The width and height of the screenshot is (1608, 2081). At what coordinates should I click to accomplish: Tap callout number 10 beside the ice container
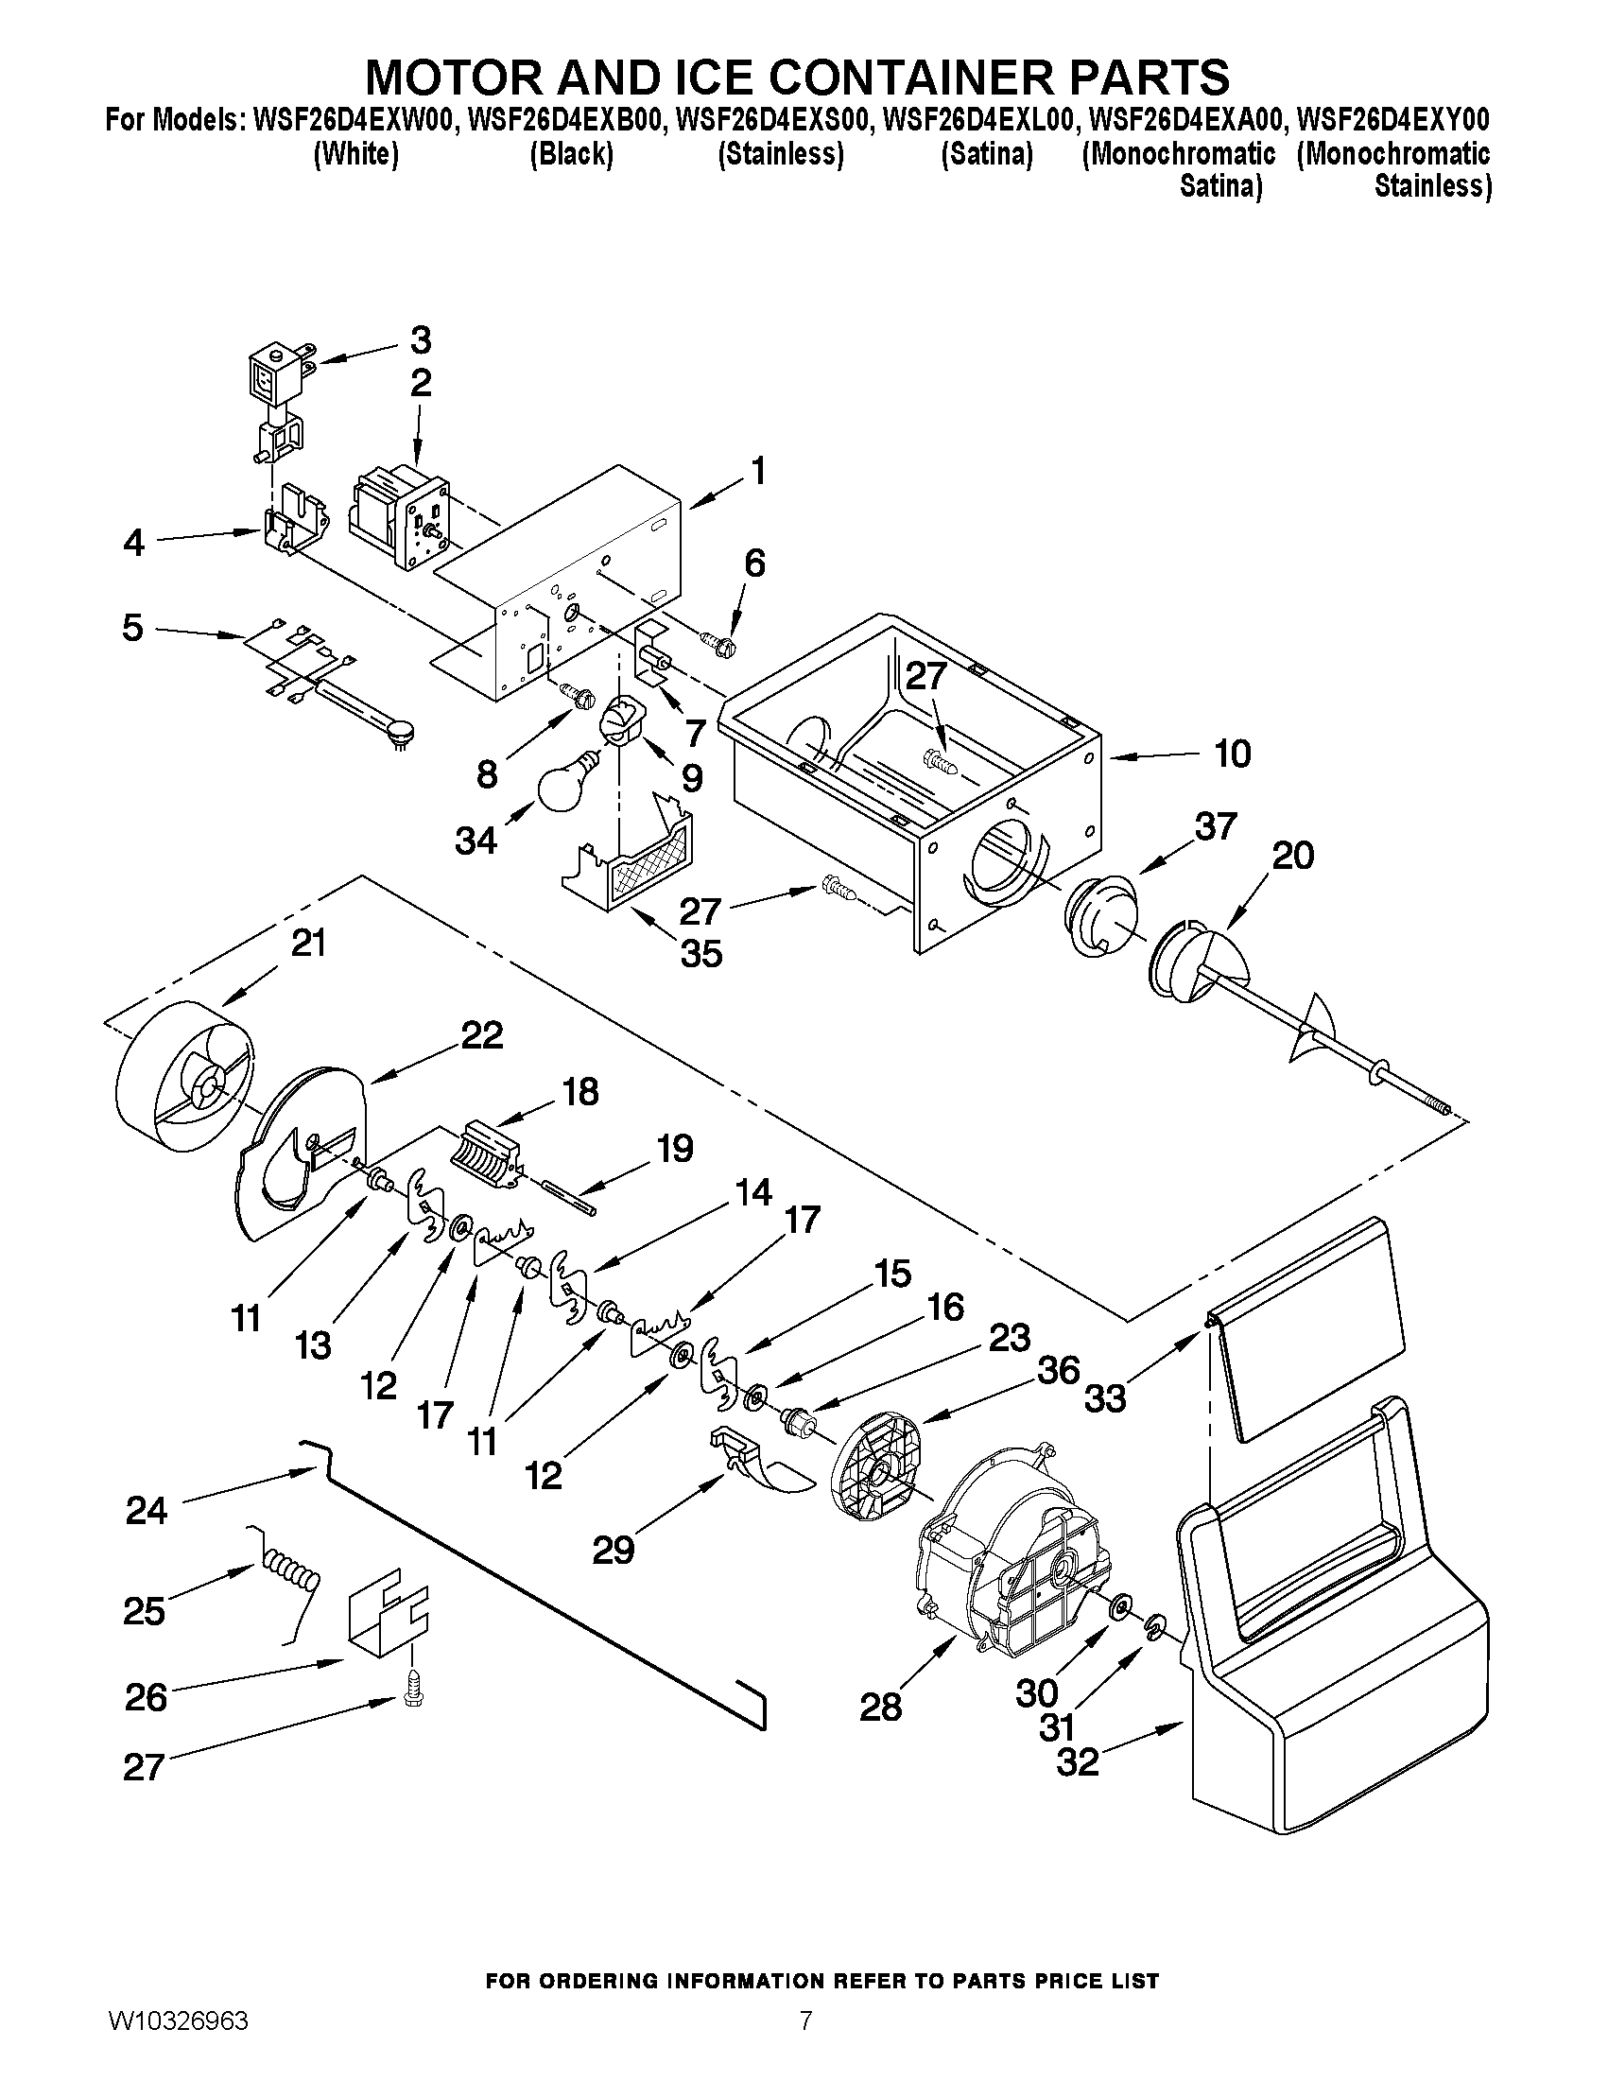coord(1232,754)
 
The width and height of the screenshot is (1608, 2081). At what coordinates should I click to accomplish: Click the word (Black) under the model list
coord(571,154)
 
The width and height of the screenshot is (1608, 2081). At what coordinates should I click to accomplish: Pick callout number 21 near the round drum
coord(307,943)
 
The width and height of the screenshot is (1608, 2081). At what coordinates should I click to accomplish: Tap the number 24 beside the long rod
coord(147,1510)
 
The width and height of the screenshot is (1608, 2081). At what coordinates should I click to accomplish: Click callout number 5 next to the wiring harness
coord(132,628)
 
